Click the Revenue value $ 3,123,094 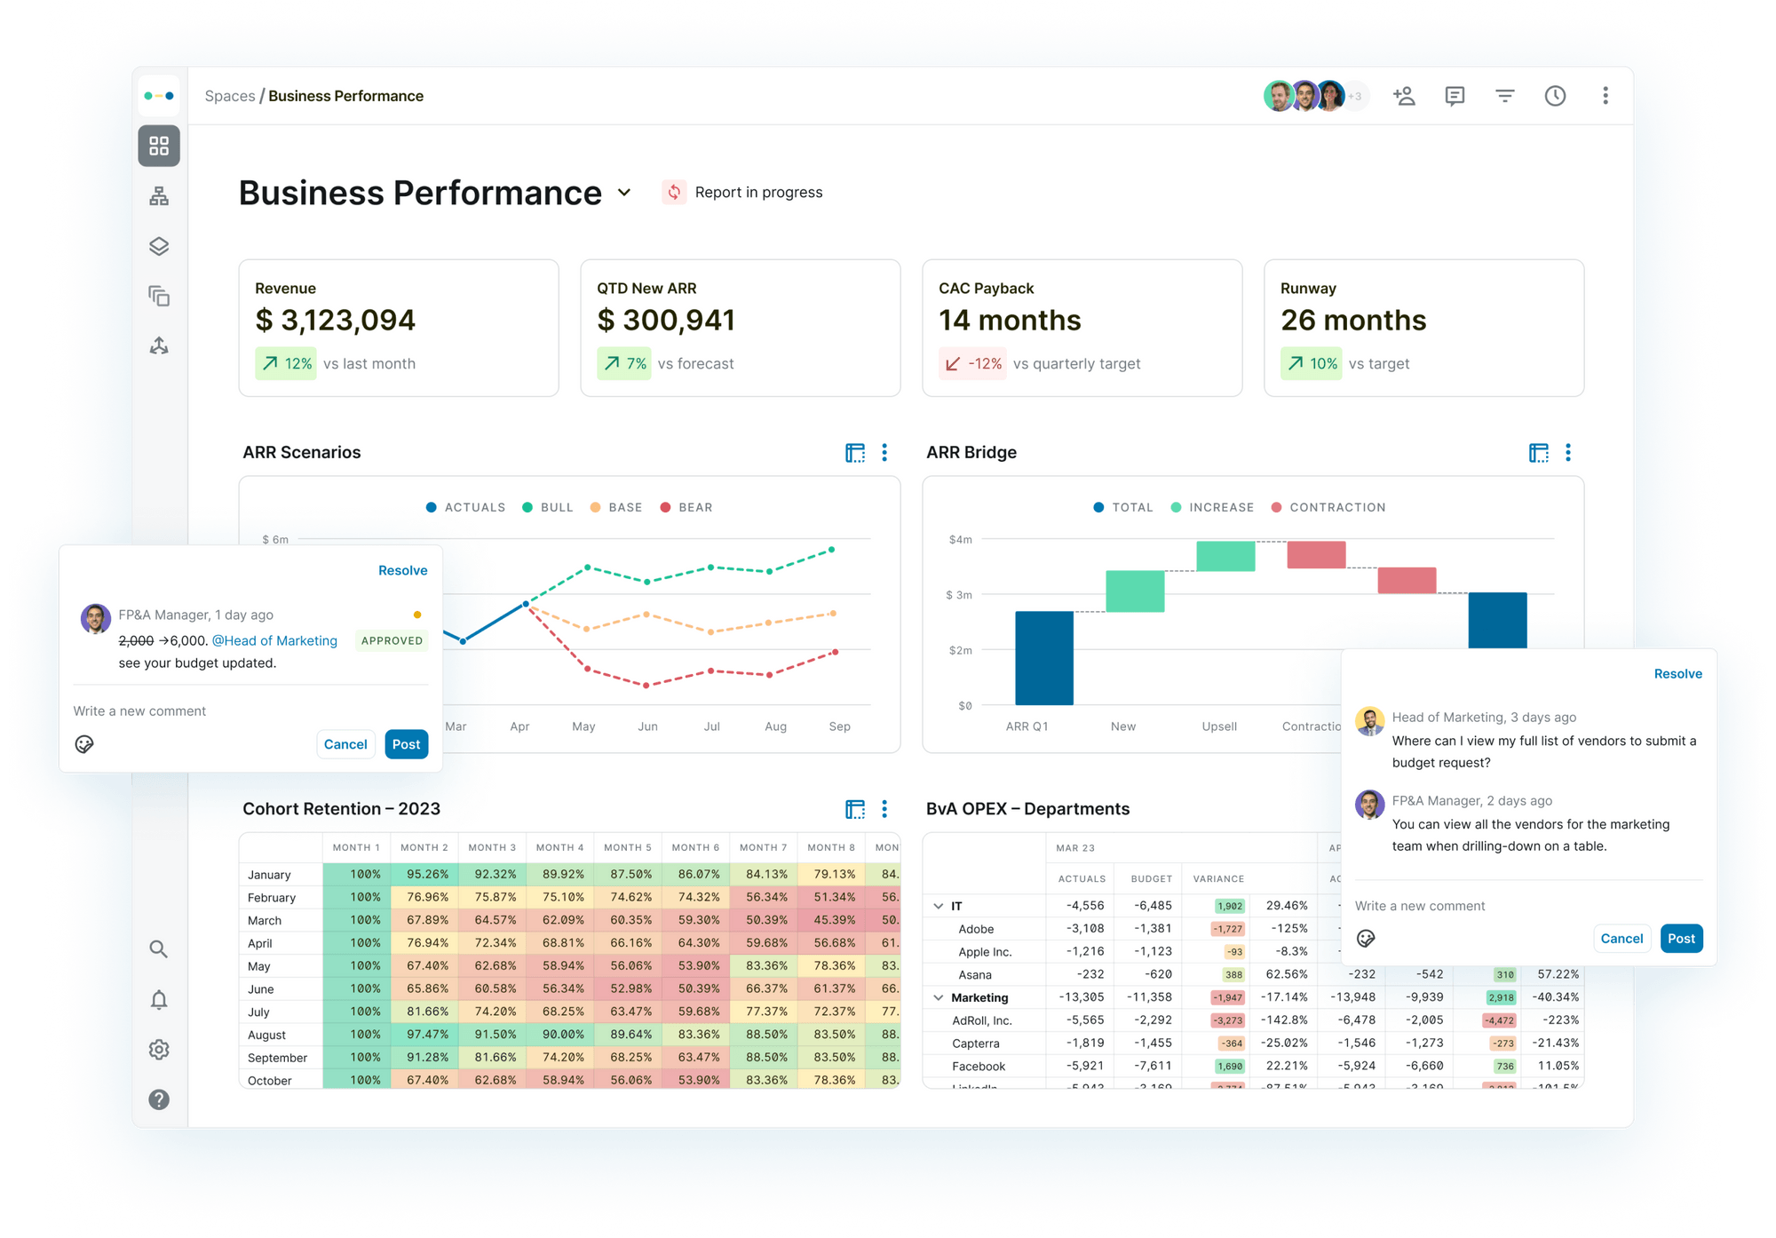coord(335,321)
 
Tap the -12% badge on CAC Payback coord(973,364)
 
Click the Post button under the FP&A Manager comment coord(406,744)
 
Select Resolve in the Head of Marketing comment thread coord(1677,674)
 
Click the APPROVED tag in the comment coord(392,640)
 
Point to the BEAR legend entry coord(686,507)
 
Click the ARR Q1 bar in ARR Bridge coord(1044,657)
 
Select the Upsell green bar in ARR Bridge coord(1225,556)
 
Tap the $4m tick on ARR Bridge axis coord(960,539)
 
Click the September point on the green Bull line coord(832,550)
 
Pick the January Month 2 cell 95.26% coord(427,875)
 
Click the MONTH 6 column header coord(695,847)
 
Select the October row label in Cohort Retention coord(270,1081)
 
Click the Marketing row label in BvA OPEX coord(979,997)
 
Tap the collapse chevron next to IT coord(939,906)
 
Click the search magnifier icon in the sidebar coord(159,949)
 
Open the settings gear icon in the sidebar coord(159,1050)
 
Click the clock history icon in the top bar coord(1555,96)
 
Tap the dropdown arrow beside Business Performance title coord(624,193)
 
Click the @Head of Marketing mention coord(274,640)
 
